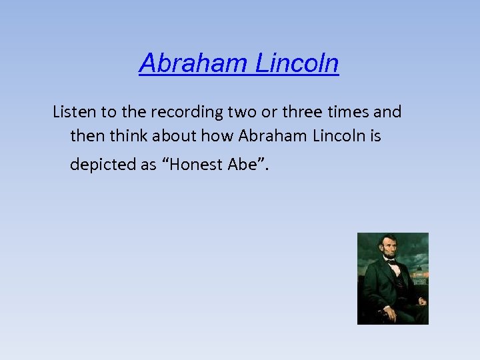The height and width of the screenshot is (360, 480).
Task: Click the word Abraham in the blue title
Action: pyautogui.click(x=194, y=64)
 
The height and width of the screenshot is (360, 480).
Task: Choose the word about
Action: pyautogui.click(x=174, y=137)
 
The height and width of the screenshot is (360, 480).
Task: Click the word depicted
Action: pyautogui.click(x=103, y=165)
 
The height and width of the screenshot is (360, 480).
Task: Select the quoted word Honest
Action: pyautogui.click(x=193, y=165)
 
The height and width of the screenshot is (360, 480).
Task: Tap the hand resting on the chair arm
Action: pyautogui.click(x=385, y=311)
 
